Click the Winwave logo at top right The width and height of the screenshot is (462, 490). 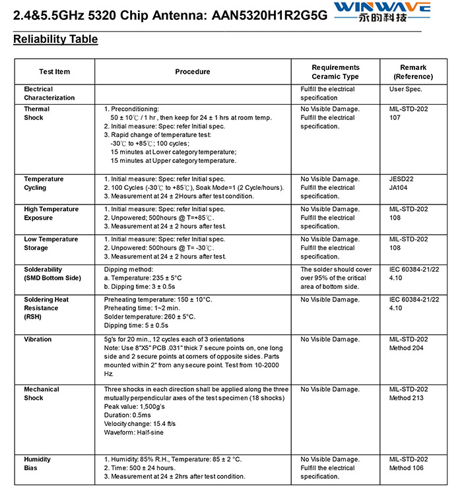tap(382, 13)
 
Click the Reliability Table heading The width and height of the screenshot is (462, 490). tap(55, 40)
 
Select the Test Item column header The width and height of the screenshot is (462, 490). tap(54, 72)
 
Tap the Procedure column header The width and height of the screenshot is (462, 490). tap(193, 72)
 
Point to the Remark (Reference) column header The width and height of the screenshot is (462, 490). tap(413, 72)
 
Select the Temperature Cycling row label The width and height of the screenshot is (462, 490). tap(44, 183)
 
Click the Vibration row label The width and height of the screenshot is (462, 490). tap(38, 340)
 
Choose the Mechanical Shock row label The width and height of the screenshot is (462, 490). tap(42, 394)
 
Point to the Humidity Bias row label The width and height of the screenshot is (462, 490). tap(38, 464)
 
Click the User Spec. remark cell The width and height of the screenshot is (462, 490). tap(405, 89)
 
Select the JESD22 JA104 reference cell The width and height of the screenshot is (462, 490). tap(402, 183)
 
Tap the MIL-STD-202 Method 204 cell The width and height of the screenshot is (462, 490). tap(409, 344)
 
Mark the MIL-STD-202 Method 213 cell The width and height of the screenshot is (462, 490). tap(409, 394)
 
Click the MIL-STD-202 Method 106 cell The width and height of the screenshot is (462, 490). tap(409, 464)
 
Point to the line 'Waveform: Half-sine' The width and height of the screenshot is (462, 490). tap(134, 433)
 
